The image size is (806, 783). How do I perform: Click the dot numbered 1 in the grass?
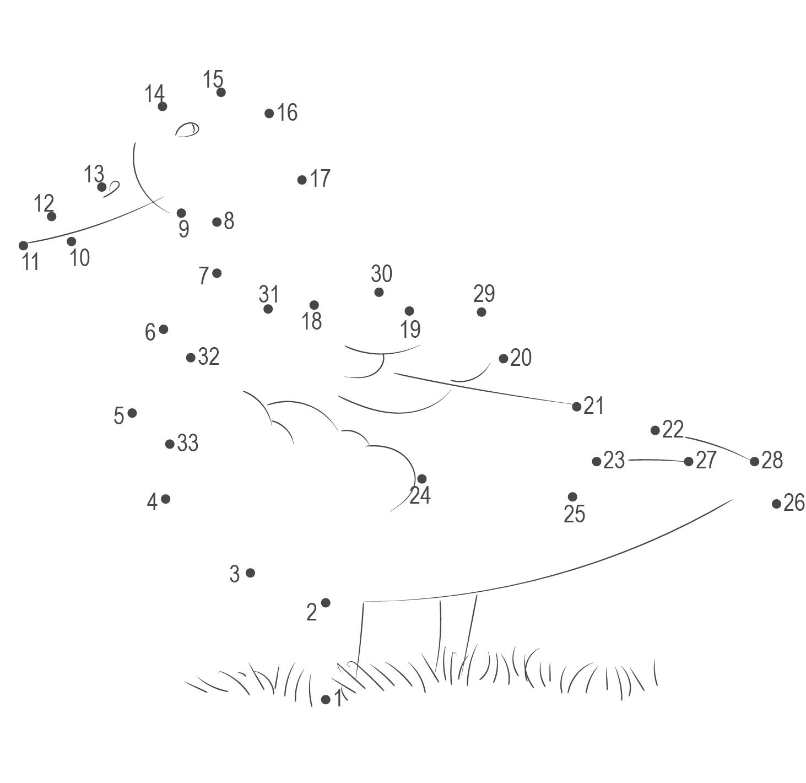[x=326, y=699]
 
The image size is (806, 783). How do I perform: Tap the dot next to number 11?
[x=23, y=245]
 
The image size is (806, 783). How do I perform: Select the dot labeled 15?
[x=221, y=92]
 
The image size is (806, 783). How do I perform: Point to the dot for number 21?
[x=576, y=407]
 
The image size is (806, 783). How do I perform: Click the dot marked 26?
[x=776, y=503]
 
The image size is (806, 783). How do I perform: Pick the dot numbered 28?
[x=754, y=461]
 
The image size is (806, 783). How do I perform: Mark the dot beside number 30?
[x=379, y=292]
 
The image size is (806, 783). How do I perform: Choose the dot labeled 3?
[x=250, y=573]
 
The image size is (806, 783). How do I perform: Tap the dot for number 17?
[x=302, y=180]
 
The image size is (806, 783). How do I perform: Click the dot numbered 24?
[x=422, y=478]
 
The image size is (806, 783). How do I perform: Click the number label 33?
[x=188, y=442]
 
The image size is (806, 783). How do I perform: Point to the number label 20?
[x=521, y=358]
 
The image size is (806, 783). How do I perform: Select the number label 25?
[x=574, y=514]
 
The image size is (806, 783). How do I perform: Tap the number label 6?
[x=150, y=332]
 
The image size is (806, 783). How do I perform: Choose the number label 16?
[x=287, y=112]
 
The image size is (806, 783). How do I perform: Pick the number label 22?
[x=673, y=429]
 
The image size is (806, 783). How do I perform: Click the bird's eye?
[x=187, y=129]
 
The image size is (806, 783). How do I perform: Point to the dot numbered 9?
[x=181, y=213]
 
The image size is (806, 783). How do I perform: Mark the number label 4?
[x=152, y=502]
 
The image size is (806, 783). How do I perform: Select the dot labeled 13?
[x=102, y=187]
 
